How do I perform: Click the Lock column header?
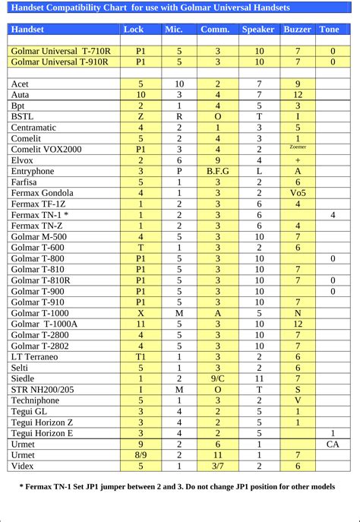[x=132, y=30]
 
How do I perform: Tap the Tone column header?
[x=330, y=30]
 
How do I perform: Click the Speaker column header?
[x=259, y=30]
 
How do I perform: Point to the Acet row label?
[x=21, y=84]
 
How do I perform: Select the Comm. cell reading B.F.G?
[x=217, y=172]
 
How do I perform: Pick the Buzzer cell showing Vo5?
[x=298, y=193]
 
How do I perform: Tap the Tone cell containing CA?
[x=333, y=444]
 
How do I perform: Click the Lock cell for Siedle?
[x=141, y=378]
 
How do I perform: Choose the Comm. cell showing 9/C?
[x=217, y=378]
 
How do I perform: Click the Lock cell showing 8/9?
[x=141, y=455]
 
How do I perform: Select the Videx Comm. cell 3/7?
[x=217, y=466]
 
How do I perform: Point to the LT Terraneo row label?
[x=34, y=356]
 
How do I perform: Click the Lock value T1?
[x=141, y=356]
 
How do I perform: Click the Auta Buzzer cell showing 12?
[x=298, y=94]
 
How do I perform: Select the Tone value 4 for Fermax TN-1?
[x=333, y=215]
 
